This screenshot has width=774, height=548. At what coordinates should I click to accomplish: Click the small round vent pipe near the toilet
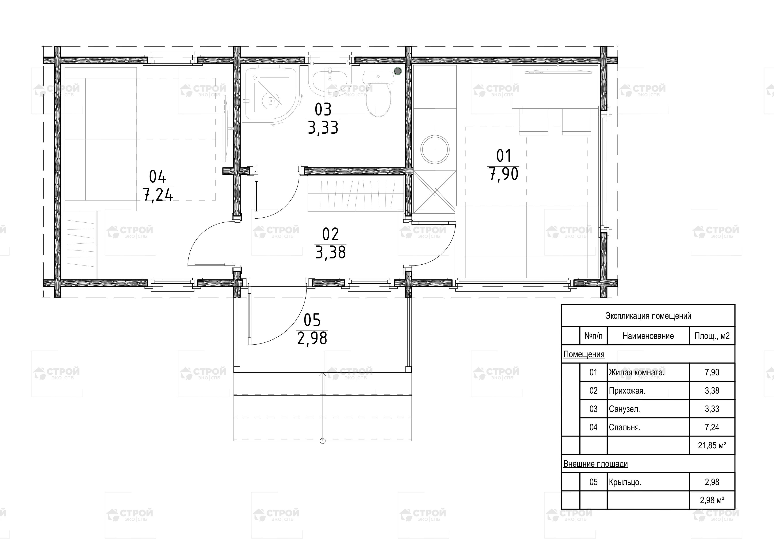tap(398, 71)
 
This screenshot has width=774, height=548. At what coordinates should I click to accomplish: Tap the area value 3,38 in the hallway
tap(330, 252)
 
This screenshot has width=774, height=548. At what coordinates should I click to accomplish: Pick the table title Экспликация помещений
tap(648, 316)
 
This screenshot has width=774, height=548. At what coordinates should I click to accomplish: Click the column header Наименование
tap(648, 336)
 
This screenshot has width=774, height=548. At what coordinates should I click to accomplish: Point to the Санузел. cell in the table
tap(624, 409)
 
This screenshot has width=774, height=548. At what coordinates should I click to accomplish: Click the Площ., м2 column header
tap(712, 336)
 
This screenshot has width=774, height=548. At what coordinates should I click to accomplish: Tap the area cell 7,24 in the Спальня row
tap(712, 427)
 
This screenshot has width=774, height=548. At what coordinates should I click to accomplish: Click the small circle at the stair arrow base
tap(323, 441)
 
